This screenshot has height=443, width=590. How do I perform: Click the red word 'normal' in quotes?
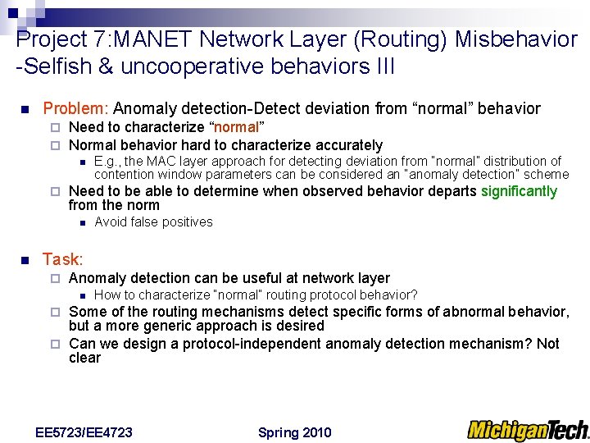pyautogui.click(x=237, y=127)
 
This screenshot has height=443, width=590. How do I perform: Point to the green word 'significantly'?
pyautogui.click(x=519, y=191)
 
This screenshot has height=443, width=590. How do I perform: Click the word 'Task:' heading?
pyautogui.click(x=63, y=260)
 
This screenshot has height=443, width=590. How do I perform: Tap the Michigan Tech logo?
pyautogui.click(x=528, y=429)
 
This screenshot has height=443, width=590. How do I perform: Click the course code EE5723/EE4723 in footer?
pyautogui.click(x=84, y=432)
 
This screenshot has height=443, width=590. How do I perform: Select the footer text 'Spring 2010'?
pyautogui.click(x=294, y=432)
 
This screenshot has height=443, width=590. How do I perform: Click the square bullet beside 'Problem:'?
pyautogui.click(x=25, y=109)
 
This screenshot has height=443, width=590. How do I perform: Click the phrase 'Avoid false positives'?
pyautogui.click(x=153, y=222)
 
